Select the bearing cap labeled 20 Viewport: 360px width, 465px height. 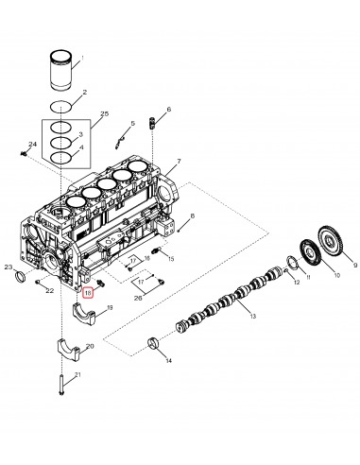pyautogui.click(x=77, y=349)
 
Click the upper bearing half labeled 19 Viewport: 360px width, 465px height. pyautogui.click(x=87, y=311)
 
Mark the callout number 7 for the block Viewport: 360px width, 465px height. pyautogui.click(x=178, y=162)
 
